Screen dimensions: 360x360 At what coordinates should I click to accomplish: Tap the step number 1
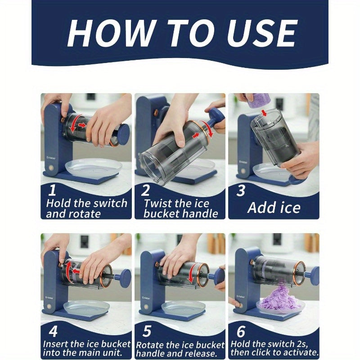pyautogui.click(x=52, y=190)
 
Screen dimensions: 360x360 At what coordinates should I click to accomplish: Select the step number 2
pyautogui.click(x=145, y=190)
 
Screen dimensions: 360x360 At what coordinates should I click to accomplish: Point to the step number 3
pyautogui.click(x=241, y=190)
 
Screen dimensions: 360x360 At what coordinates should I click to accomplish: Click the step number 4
pyautogui.click(x=54, y=332)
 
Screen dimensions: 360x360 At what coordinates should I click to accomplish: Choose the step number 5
pyautogui.click(x=147, y=332)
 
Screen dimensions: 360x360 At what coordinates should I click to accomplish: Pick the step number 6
pyautogui.click(x=241, y=332)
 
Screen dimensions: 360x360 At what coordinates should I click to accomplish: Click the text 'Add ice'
pyautogui.click(x=274, y=207)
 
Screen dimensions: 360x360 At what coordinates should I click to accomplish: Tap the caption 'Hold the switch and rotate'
pyautogui.click(x=86, y=208)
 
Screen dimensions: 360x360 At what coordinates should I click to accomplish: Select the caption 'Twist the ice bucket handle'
pyautogui.click(x=180, y=208)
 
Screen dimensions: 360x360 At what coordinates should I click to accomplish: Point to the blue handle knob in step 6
pyautogui.click(x=312, y=273)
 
